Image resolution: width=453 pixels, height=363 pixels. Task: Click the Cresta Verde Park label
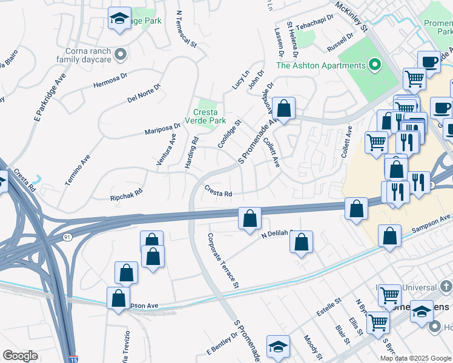click(x=209, y=116)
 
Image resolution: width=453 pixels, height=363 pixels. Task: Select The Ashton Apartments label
click(x=321, y=65)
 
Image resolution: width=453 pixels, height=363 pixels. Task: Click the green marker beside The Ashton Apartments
click(x=375, y=65)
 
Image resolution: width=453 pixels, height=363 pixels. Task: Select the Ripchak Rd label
click(x=126, y=194)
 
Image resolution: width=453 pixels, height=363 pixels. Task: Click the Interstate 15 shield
click(x=73, y=359)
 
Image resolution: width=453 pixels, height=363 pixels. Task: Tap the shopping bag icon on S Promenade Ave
click(x=283, y=110)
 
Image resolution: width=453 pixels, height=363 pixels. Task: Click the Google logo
click(x=20, y=355)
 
